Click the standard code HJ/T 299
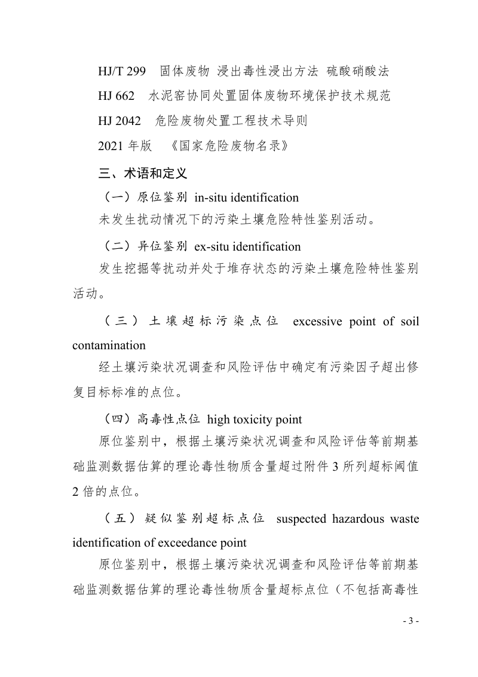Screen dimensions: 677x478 122,72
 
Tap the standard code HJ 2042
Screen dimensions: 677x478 119,121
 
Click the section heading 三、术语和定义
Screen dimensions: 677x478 143,173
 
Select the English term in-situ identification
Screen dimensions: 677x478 247,197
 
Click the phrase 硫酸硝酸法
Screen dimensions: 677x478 358,72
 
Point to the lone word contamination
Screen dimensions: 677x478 109,346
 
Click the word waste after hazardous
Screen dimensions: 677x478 405,519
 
